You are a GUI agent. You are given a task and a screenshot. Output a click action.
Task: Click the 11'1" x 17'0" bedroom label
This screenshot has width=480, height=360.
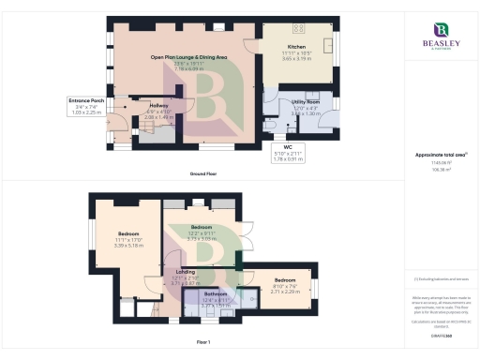click(128, 233)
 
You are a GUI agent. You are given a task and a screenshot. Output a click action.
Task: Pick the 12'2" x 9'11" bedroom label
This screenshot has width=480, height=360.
click(201, 228)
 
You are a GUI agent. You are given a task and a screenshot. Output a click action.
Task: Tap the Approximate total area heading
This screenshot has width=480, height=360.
click(440, 155)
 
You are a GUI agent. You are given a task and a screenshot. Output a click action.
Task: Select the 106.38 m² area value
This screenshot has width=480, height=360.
click(440, 171)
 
